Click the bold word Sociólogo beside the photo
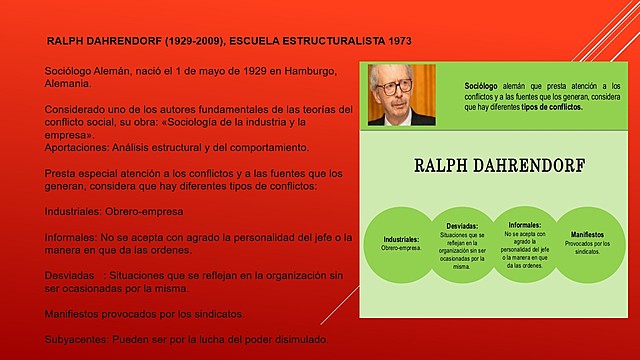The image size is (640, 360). point(481,87)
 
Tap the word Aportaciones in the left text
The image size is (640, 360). point(81,147)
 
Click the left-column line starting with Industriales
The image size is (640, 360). point(114,211)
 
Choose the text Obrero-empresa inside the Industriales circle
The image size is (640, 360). point(402,248)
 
